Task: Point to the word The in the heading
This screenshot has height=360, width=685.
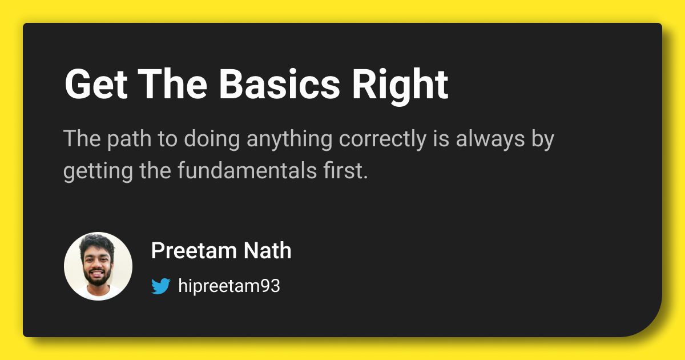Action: tap(171, 85)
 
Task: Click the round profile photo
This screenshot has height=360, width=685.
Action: tap(98, 266)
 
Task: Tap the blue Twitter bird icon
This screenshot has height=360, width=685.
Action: tap(161, 286)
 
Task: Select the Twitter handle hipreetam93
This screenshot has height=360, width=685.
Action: tap(229, 286)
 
